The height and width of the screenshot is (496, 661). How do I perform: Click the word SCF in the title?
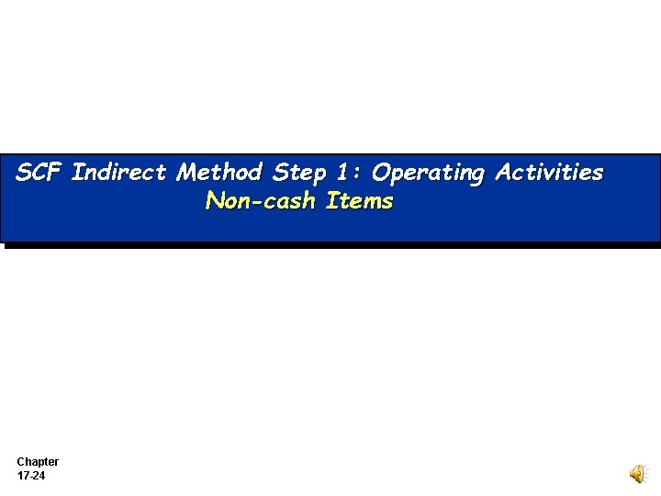[39, 172]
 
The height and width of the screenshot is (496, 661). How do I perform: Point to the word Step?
[300, 173]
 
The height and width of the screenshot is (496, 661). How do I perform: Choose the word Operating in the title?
[428, 173]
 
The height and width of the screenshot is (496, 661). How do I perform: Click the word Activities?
[549, 172]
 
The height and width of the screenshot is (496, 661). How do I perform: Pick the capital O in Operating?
[381, 172]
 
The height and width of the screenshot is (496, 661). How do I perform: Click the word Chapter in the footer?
[38, 462]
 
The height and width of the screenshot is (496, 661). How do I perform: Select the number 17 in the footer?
[23, 477]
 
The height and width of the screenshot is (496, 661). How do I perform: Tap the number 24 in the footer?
[39, 477]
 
